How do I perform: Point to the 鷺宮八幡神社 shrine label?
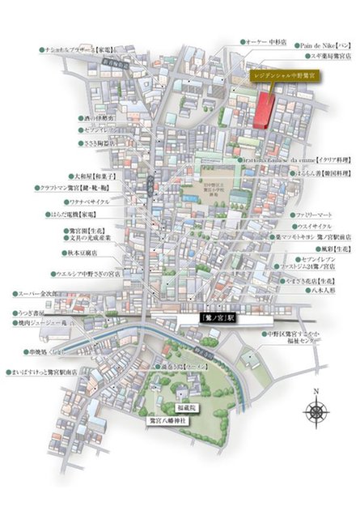(167, 420)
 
